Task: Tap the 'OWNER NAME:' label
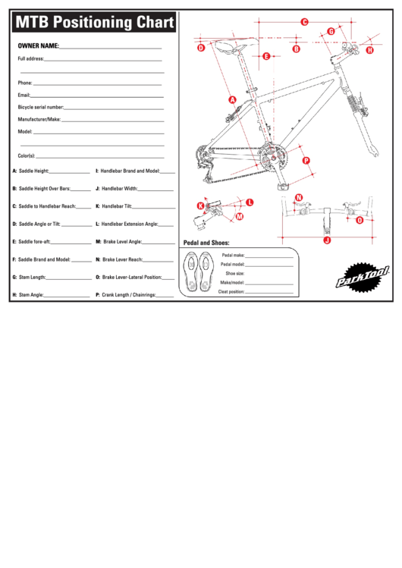(39, 46)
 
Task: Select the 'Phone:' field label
(25, 83)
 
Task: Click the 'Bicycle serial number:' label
(41, 108)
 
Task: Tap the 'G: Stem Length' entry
(30, 277)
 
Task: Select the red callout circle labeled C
(304, 22)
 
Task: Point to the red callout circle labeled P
(306, 160)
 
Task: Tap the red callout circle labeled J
(327, 240)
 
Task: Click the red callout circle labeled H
(370, 50)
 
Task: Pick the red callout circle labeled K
(201, 206)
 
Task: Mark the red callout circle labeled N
(299, 198)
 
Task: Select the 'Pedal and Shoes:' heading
(206, 242)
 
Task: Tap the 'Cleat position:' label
(231, 291)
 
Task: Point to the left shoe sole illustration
(190, 271)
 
